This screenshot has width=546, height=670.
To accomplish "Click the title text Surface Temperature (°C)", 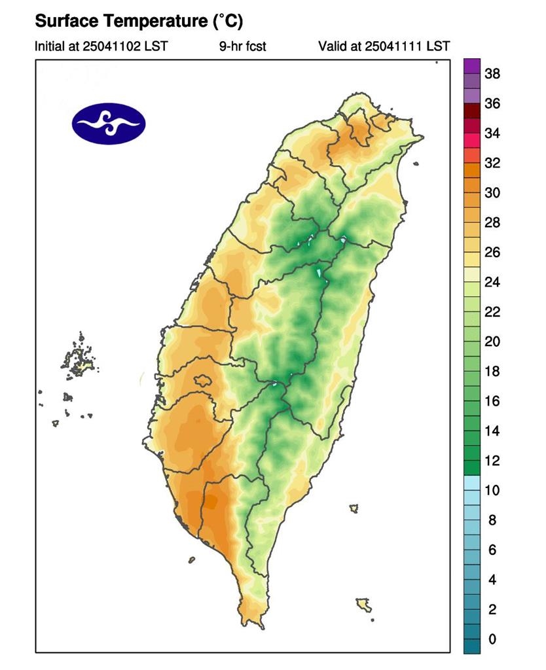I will (139, 22).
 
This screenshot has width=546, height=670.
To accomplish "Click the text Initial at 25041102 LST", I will (101, 46).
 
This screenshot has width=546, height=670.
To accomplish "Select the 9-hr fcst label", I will (243, 46).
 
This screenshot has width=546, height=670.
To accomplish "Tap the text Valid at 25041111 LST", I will (384, 46).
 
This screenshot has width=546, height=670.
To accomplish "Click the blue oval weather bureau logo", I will (109, 123).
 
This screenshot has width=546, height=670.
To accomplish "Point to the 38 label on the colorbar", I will (492, 74).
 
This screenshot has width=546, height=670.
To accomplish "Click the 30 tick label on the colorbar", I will (492, 193).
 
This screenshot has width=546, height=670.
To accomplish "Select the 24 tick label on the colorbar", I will (492, 283).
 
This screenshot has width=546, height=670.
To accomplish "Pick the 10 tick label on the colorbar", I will (492, 491).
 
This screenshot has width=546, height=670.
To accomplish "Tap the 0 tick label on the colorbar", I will (492, 639).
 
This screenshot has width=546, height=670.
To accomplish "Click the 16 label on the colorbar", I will (492, 402).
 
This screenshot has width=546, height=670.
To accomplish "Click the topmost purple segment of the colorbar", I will (472, 66).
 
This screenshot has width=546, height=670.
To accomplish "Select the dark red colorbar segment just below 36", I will (472, 111).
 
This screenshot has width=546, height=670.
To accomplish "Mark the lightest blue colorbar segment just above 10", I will (472, 483).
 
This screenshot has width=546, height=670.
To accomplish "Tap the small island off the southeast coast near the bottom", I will (364, 603).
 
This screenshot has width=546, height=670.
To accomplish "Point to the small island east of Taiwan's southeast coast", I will (354, 508).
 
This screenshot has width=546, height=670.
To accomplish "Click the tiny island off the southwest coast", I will (192, 559).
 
